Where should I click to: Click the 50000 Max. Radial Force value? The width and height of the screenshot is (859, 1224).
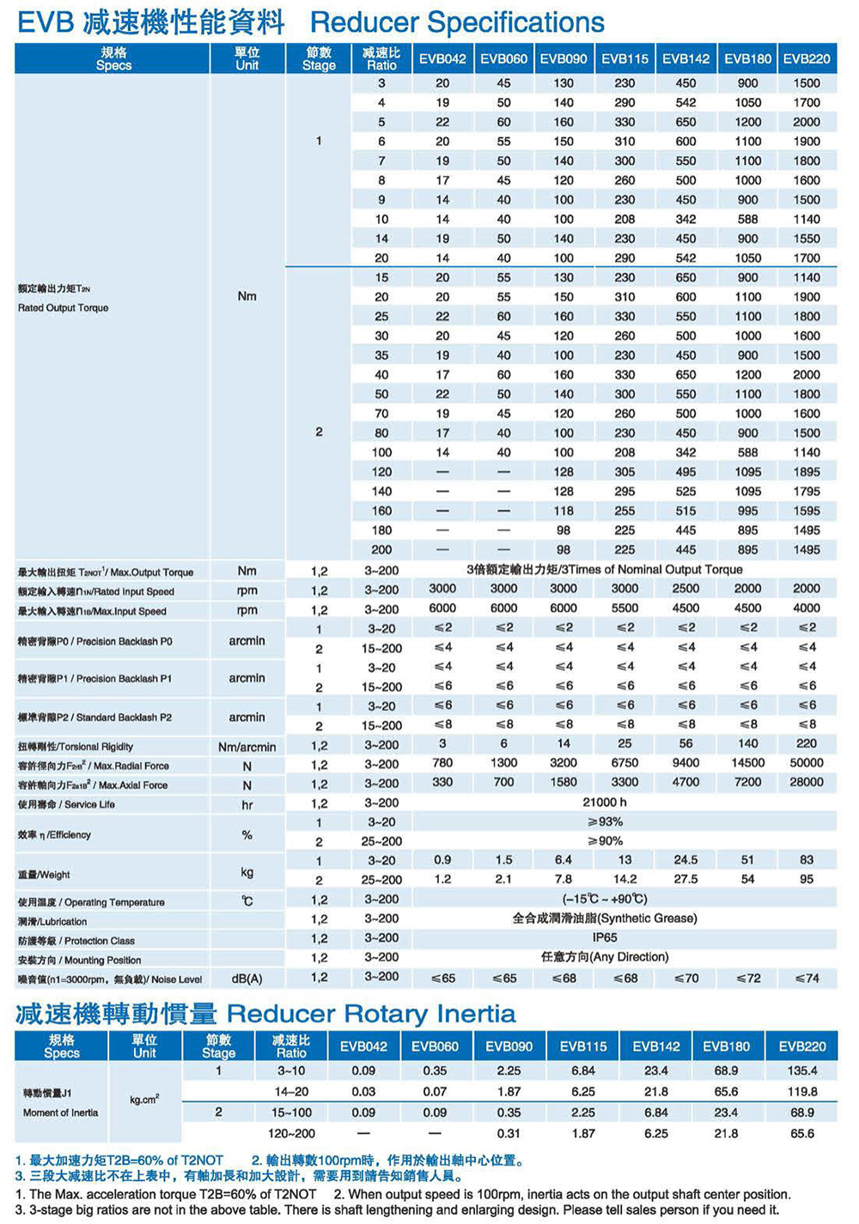click(806, 762)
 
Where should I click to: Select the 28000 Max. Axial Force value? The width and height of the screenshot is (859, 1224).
click(806, 782)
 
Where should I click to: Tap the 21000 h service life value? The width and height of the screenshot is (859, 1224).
click(605, 802)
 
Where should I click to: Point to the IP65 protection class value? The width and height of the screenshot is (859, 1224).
click(605, 937)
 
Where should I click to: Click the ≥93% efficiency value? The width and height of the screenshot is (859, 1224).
click(605, 821)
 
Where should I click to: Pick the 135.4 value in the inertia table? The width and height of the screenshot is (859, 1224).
click(801, 1070)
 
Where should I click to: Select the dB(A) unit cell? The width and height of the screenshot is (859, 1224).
click(247, 979)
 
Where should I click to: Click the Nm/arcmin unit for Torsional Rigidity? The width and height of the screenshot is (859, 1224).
click(247, 747)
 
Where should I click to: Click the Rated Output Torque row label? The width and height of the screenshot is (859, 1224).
click(63, 307)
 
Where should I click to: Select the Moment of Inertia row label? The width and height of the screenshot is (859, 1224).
click(60, 1112)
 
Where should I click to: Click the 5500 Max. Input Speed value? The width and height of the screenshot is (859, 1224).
click(624, 608)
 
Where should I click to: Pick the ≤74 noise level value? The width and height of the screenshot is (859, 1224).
click(806, 978)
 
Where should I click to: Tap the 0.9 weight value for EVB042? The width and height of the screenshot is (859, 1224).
click(442, 859)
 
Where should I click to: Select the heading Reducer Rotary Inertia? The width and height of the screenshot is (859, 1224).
click(371, 1014)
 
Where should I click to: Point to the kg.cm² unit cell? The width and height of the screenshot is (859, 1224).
click(144, 1100)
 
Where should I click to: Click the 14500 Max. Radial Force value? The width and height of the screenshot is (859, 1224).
click(747, 762)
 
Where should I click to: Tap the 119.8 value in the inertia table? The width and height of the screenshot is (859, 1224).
click(801, 1092)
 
